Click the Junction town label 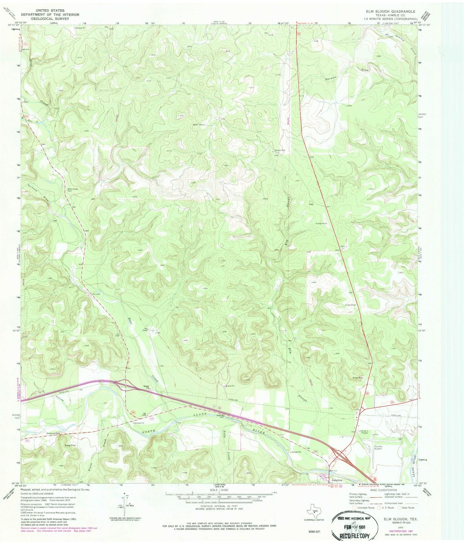click(337, 480)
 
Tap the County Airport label click(378, 448)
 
